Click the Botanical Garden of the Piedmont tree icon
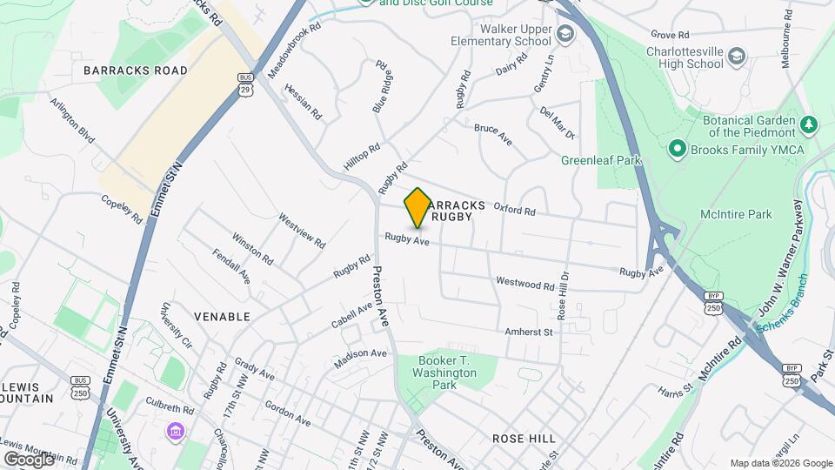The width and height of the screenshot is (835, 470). (810, 125)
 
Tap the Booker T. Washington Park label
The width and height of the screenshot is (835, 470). (447, 373)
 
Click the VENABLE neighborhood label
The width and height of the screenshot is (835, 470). (222, 317)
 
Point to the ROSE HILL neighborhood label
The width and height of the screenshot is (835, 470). (524, 439)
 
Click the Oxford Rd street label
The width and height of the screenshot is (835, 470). (514, 209)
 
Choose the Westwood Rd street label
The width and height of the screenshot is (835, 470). (524, 283)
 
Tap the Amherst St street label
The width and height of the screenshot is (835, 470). (528, 332)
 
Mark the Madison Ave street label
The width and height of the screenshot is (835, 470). (360, 354)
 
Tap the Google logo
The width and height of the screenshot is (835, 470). (29, 459)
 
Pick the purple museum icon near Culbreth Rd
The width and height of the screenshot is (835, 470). (176, 432)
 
